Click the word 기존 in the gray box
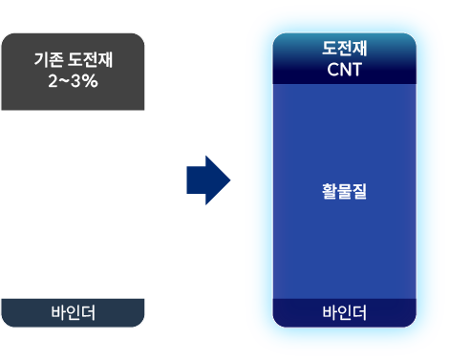[48, 59]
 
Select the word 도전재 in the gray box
[91, 59]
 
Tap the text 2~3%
[73, 81]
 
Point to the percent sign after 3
[90, 81]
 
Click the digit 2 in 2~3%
[53, 81]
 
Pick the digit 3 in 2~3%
[75, 81]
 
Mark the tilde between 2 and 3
[64, 81]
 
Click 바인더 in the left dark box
[73, 312]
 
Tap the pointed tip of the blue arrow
[230, 180]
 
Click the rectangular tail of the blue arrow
[196, 180]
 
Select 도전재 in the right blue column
[345, 49]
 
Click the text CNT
[345, 70]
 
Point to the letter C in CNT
[332, 70]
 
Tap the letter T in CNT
[356, 70]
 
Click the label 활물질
[345, 191]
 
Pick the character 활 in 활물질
[330, 191]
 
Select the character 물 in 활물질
[345, 191]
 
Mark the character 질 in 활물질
[359, 191]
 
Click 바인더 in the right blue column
[345, 312]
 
